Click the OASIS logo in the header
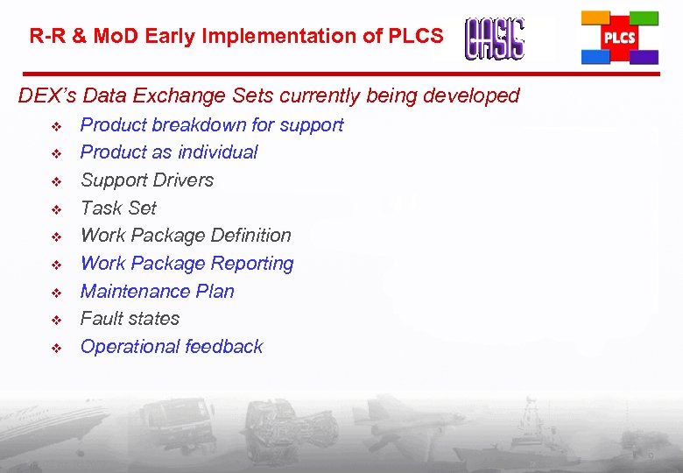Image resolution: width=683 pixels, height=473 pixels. tap(495, 39)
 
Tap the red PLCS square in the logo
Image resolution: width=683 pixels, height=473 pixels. tap(620, 39)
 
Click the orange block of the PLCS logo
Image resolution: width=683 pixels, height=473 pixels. tap(595, 18)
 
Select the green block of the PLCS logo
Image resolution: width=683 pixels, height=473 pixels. tap(644, 18)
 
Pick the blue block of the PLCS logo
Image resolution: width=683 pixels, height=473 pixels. tap(595, 57)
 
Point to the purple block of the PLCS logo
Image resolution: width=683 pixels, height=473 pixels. tap(644, 57)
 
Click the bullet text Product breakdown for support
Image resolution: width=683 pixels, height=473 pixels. tap(212, 125)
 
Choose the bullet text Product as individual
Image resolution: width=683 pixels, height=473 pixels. tap(169, 152)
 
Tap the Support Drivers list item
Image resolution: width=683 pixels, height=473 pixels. tap(147, 180)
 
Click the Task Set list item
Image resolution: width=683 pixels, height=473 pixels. tap(118, 208)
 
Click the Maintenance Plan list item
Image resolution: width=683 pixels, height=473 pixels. tap(158, 292)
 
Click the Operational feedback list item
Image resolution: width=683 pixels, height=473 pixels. tap(172, 347)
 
